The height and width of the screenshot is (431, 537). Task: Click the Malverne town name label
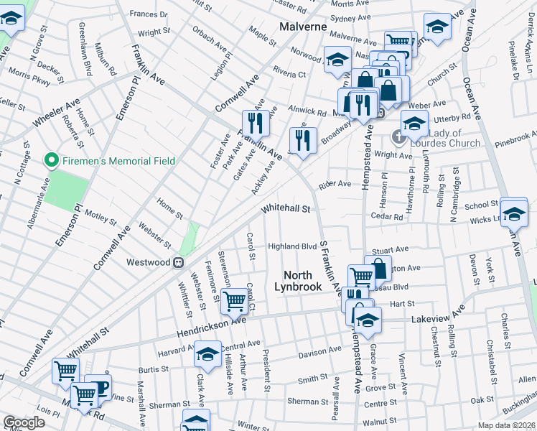[x=302, y=27]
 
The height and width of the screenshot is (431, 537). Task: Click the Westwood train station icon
[x=177, y=262]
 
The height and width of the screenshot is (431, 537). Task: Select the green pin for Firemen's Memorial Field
[x=51, y=160]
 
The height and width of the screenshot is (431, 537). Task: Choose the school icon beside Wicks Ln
[x=513, y=212]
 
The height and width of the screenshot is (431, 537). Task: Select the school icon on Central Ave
[x=207, y=355]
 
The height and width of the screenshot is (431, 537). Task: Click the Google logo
[x=24, y=422]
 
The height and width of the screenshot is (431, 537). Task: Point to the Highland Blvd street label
[x=292, y=246]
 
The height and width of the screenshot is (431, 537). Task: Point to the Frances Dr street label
[x=149, y=14]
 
